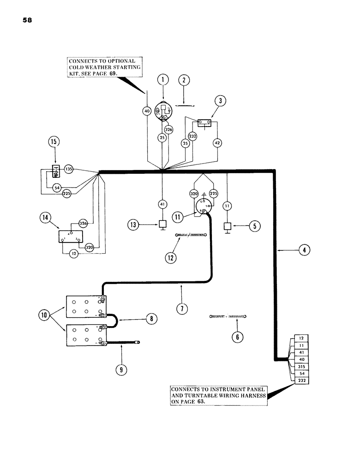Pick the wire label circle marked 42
(x=217, y=143)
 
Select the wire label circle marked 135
(x=69, y=169)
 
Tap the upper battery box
(x=86, y=307)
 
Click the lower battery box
(x=86, y=335)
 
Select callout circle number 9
(x=122, y=370)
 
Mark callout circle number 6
(x=237, y=337)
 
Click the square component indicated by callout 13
(x=162, y=225)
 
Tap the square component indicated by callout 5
(x=227, y=226)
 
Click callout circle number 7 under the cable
(x=182, y=309)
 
